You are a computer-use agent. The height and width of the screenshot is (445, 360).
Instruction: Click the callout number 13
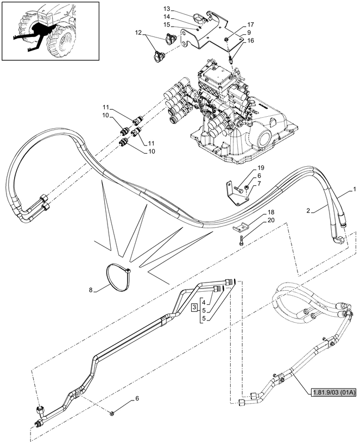click(x=167, y=9)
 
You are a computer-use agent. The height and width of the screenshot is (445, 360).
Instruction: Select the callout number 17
click(x=251, y=24)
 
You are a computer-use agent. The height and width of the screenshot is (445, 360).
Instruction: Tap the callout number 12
click(x=137, y=34)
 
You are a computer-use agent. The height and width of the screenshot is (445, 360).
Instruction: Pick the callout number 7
click(x=259, y=184)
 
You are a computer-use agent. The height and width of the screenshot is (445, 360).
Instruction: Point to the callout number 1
click(x=355, y=189)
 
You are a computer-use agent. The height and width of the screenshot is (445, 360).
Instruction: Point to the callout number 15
click(x=167, y=24)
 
